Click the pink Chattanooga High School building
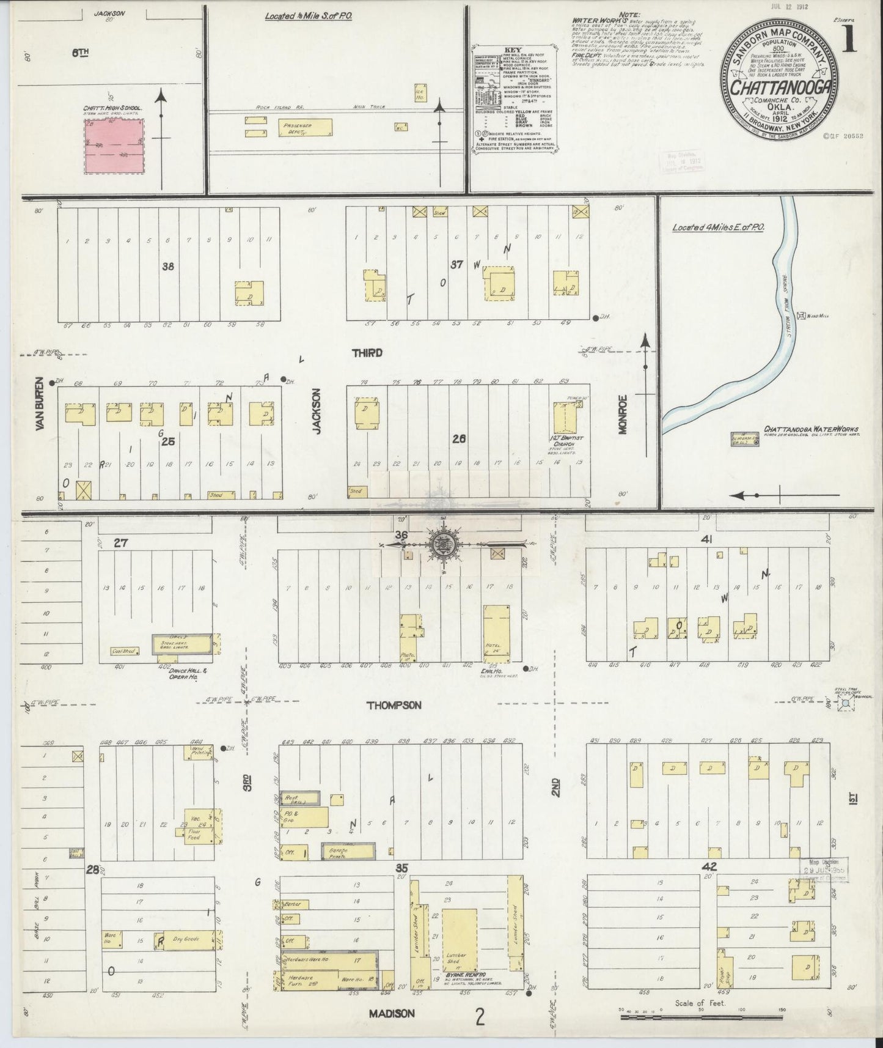(115, 146)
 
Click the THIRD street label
(367, 353)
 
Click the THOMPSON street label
(394, 705)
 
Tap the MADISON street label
(392, 1013)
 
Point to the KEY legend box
(515, 97)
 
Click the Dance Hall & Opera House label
(176, 674)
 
